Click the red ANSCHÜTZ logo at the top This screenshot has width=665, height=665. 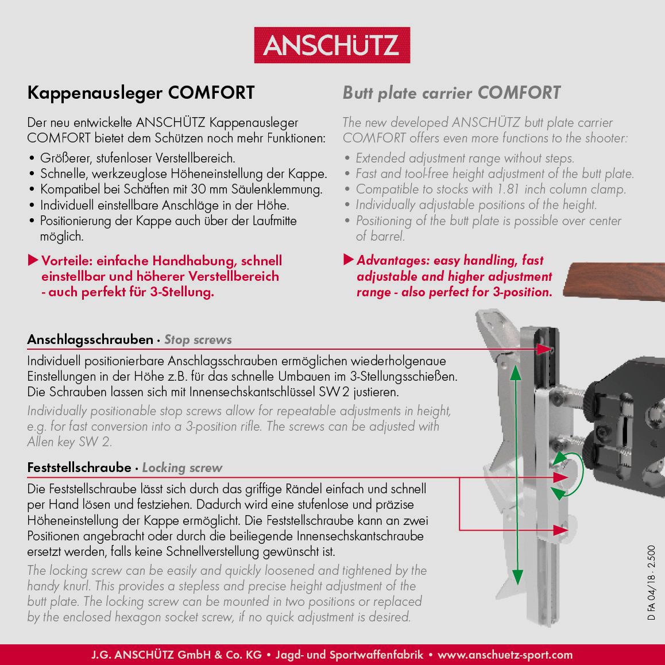point(332,45)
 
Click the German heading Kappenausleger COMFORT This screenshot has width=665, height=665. point(141,93)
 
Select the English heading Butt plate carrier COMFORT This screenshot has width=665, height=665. point(451,93)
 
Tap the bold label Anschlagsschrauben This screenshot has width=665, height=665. point(90,339)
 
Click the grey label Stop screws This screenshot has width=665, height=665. point(198,340)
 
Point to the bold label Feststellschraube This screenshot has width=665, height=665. point(79,467)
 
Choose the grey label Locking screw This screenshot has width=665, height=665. point(182,468)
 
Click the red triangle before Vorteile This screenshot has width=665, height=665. point(33,261)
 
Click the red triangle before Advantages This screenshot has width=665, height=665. point(348,260)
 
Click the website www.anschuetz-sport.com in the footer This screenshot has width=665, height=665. point(505,655)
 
